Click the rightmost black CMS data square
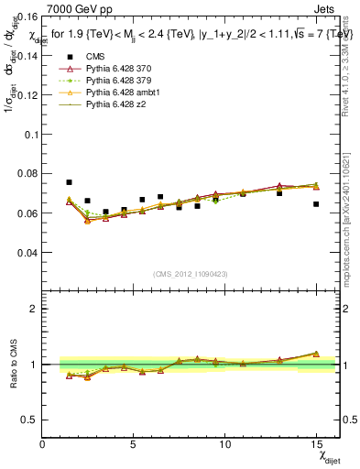[316, 204]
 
